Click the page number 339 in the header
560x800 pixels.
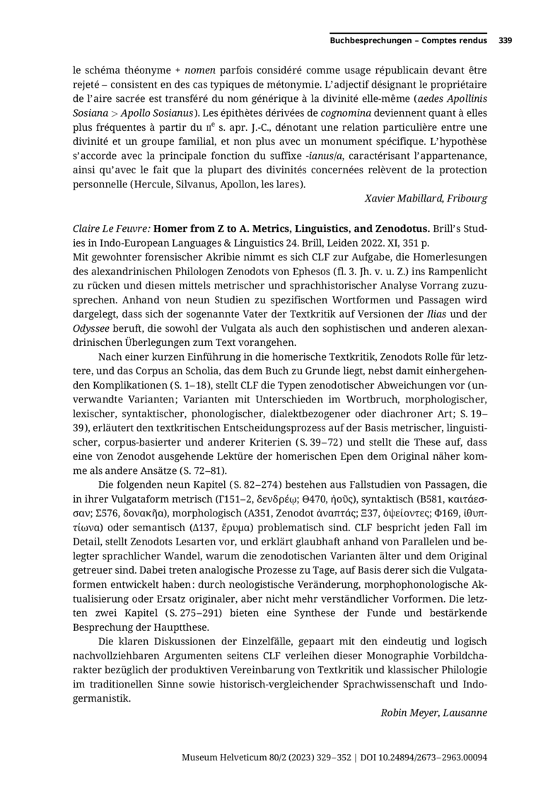click(x=505, y=41)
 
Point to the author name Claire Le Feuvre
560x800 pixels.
click(x=111, y=229)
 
